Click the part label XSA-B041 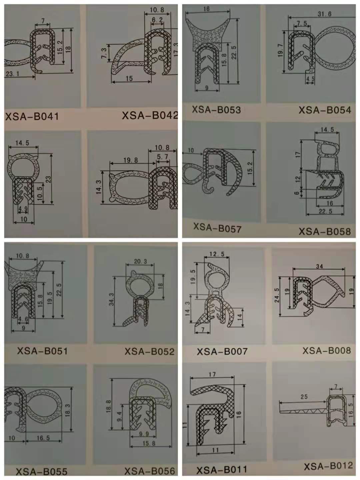click(32, 116)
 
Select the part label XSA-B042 click(150, 115)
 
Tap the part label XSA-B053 click(216, 110)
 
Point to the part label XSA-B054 click(325, 110)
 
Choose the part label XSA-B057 click(217, 228)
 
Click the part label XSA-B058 click(325, 231)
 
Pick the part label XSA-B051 click(42, 351)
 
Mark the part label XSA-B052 click(150, 352)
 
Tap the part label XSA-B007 click(222, 351)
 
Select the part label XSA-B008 click(327, 350)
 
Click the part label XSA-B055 click(42, 471)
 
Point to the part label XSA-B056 click(150, 471)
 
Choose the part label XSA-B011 click(222, 470)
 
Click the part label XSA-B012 click(328, 466)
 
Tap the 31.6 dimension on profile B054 click(324, 14)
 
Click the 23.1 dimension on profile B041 click(12, 74)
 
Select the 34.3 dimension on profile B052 click(111, 299)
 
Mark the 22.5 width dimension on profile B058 click(325, 211)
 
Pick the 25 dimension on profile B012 click(304, 397)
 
